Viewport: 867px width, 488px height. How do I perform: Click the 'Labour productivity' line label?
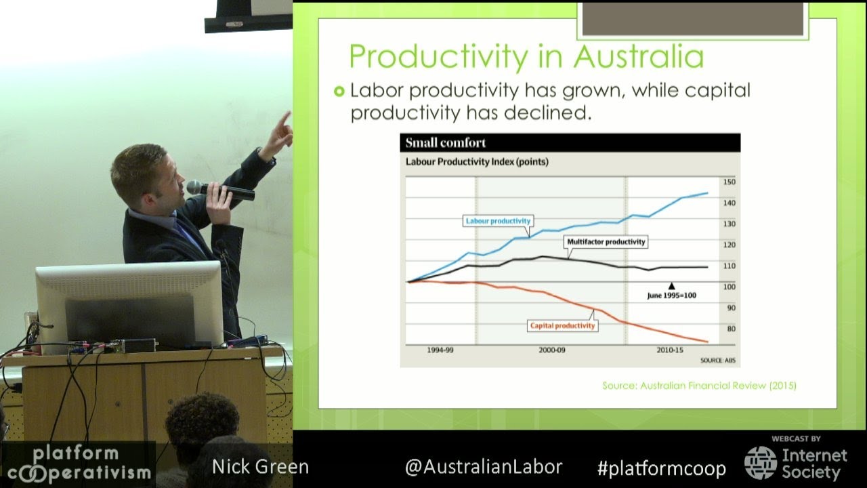click(x=498, y=221)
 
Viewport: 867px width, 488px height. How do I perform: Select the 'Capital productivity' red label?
click(x=562, y=325)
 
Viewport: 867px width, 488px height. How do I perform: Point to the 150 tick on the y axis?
click(x=729, y=182)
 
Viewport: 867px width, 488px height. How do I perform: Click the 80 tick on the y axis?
click(x=729, y=329)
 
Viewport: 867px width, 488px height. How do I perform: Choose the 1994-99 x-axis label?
click(x=440, y=350)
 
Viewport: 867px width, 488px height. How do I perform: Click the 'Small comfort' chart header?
click(x=446, y=143)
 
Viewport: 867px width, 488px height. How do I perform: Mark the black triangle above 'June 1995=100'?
click(x=671, y=286)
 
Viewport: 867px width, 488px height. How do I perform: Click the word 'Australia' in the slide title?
click(x=639, y=56)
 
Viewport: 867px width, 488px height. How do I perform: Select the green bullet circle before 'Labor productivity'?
click(x=339, y=91)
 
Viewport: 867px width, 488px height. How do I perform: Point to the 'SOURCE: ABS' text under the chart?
click(x=717, y=361)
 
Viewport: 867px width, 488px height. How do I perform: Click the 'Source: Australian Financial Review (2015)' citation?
click(x=699, y=386)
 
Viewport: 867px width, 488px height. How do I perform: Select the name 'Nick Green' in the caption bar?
click(x=260, y=467)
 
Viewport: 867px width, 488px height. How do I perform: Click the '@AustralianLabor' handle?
click(x=483, y=467)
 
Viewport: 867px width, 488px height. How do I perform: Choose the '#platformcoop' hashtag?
click(x=661, y=468)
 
